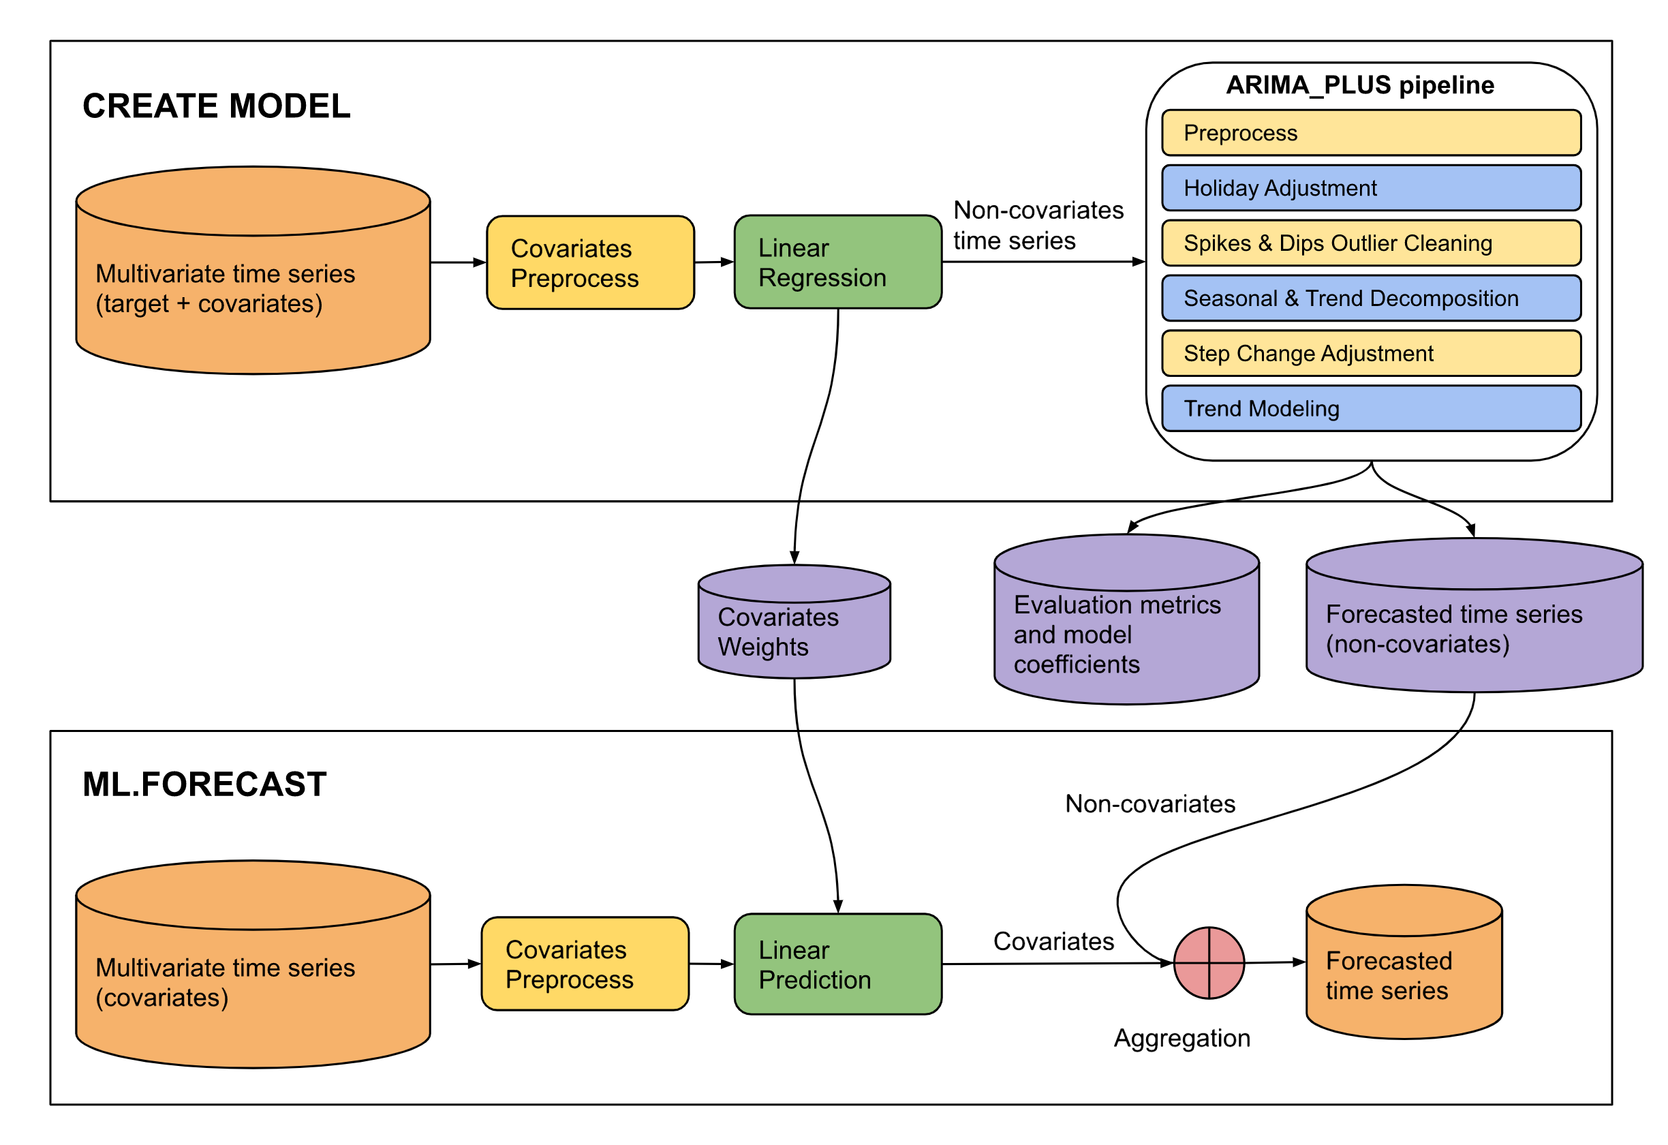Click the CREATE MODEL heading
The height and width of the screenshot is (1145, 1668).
click(x=216, y=106)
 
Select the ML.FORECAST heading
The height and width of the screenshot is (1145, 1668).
click(x=204, y=784)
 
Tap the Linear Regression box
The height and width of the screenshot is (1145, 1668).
click(x=837, y=262)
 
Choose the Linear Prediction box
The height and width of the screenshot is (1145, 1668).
click(x=837, y=964)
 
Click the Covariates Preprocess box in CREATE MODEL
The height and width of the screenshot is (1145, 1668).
click(x=590, y=263)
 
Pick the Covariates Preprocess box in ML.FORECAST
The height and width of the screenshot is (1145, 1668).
click(x=585, y=964)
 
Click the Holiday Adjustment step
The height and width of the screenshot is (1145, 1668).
click(x=1371, y=188)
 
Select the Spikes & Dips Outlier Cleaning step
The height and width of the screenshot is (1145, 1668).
click(x=1371, y=243)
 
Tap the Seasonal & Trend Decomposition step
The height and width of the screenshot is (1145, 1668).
click(x=1371, y=299)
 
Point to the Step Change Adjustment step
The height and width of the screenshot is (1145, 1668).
click(x=1371, y=353)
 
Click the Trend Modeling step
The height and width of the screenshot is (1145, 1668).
click(x=1371, y=408)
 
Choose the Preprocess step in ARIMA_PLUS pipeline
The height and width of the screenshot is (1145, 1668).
click(x=1371, y=133)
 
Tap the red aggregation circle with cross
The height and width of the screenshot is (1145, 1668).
click(x=1209, y=962)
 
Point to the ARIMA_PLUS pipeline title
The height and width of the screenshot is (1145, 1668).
click(x=1359, y=85)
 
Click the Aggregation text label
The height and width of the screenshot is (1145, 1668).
click(x=1181, y=1038)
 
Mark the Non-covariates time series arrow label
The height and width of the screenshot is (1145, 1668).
click(x=1038, y=225)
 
